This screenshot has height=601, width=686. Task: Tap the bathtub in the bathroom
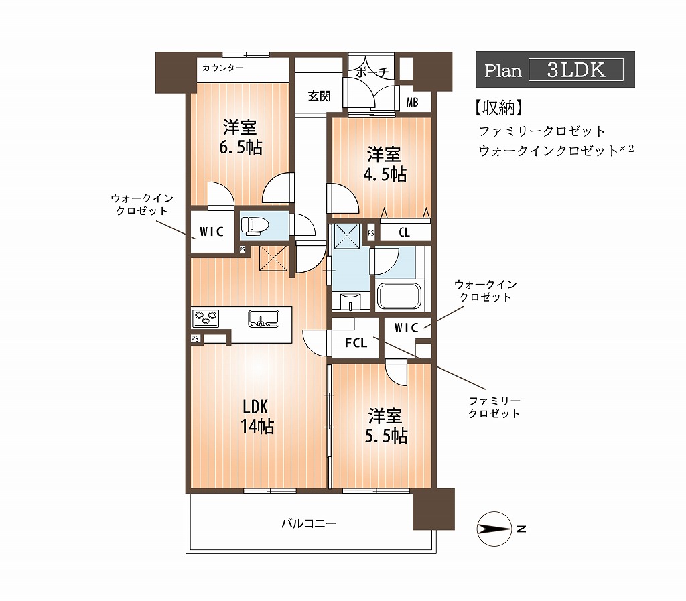(x=399, y=295)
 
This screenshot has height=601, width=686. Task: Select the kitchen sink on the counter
(x=263, y=318)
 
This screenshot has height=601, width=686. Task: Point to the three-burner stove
(x=206, y=318)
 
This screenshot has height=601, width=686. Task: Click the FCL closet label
(x=356, y=343)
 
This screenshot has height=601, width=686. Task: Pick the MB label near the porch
(x=412, y=103)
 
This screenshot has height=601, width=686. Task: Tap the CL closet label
(x=404, y=232)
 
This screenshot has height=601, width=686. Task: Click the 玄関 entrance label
(x=319, y=96)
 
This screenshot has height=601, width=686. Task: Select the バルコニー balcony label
(x=309, y=523)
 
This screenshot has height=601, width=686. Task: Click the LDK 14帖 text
(x=257, y=417)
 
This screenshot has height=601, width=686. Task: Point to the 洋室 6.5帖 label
(x=241, y=137)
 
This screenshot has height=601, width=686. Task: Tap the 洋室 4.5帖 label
(x=385, y=164)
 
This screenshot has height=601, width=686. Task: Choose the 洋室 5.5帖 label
(x=387, y=426)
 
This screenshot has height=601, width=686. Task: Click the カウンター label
(x=222, y=68)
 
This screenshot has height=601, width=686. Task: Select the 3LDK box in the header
(x=576, y=70)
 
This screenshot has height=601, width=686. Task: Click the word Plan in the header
(x=502, y=70)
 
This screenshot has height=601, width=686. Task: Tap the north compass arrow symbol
(x=494, y=529)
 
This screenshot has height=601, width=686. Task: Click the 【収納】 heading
(x=498, y=108)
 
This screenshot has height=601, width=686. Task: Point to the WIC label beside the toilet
(x=212, y=232)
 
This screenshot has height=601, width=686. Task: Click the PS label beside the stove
(x=195, y=338)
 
